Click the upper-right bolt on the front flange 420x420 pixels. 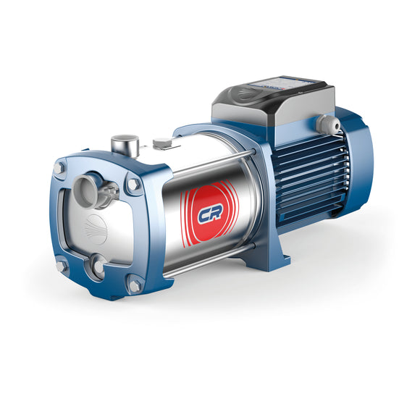pos(132,186)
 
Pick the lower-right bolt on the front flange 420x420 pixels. pos(134,287)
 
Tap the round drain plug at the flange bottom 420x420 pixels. pos(98,270)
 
